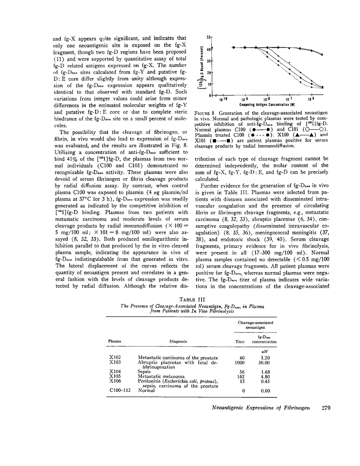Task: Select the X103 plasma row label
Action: [x=115, y=363]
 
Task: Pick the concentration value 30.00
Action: [x=264, y=363]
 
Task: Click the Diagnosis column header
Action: [x=178, y=341]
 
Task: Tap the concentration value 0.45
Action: [x=265, y=381]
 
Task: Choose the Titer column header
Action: [x=240, y=341]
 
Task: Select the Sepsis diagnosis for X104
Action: [x=144, y=372]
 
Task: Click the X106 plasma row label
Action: [x=115, y=381]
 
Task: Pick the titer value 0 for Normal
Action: [x=242, y=391]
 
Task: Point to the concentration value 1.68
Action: [x=265, y=372]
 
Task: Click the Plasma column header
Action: [x=115, y=341]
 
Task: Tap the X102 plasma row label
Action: [x=115, y=358]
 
